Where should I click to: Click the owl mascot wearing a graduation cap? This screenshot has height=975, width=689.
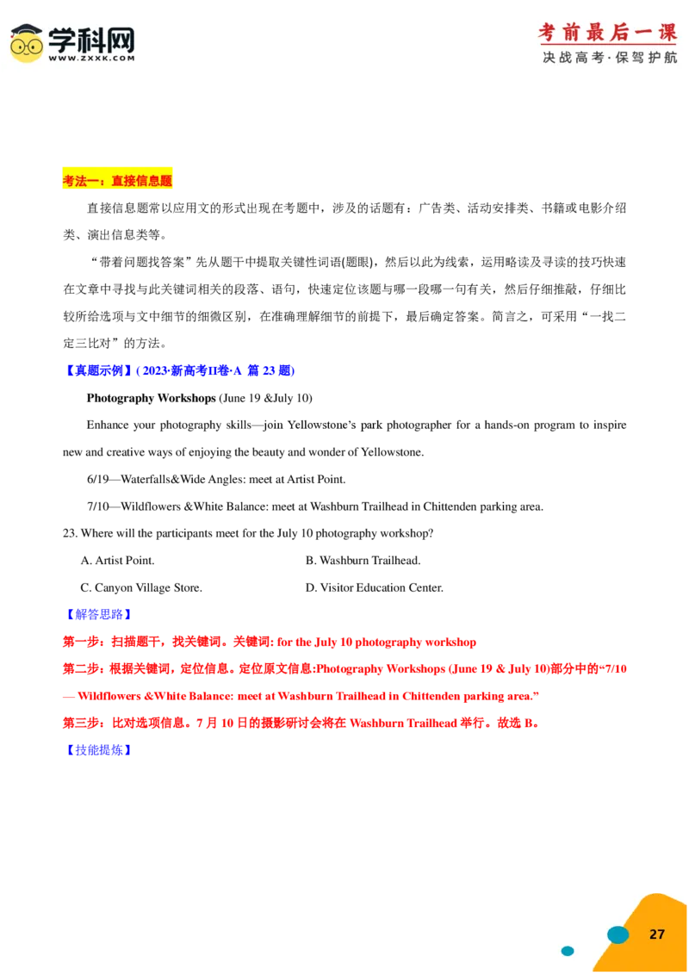(x=27, y=43)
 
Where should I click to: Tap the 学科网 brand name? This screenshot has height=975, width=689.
(x=90, y=38)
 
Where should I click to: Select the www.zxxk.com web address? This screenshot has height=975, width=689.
(x=90, y=59)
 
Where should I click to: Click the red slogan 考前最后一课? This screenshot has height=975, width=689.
(x=607, y=33)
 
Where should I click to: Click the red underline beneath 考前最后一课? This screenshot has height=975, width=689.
(x=607, y=45)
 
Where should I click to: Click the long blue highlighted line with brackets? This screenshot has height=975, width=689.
(x=179, y=370)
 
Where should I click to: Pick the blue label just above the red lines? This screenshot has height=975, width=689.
(x=98, y=614)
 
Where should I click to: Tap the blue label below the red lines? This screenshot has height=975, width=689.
(x=98, y=750)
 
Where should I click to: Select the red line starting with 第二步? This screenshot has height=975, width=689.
(x=344, y=668)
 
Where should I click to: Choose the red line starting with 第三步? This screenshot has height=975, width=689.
(x=301, y=723)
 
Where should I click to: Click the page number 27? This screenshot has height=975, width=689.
(x=657, y=935)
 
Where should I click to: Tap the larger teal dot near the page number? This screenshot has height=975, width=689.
(x=618, y=935)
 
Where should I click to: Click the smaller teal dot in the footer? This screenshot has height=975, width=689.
(x=568, y=951)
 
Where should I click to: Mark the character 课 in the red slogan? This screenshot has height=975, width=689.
(x=667, y=33)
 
